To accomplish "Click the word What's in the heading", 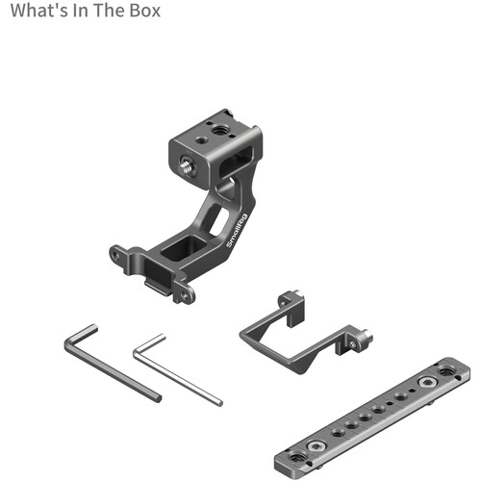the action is click(x=39, y=11).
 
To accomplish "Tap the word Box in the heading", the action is click(x=144, y=11).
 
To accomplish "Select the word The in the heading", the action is click(x=109, y=11).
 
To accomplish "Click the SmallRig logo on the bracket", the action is click(x=238, y=230).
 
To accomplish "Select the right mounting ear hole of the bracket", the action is click(x=185, y=294).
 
